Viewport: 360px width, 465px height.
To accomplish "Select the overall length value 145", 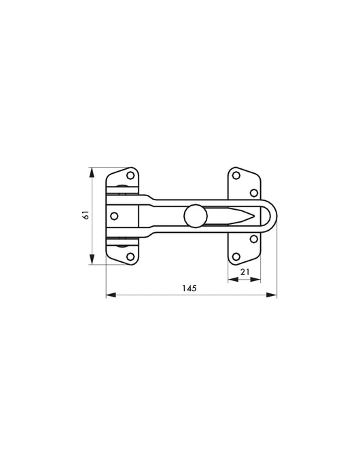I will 190,289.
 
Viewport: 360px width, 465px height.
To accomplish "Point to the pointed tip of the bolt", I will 257,217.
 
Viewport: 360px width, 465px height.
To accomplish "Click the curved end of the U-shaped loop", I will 274,217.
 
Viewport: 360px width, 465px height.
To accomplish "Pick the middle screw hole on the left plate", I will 114,216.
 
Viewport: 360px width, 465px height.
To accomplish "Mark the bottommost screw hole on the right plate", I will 236,256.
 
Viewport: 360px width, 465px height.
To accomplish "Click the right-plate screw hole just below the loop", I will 253,239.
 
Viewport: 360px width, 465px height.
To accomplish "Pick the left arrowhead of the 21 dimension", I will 230,278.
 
